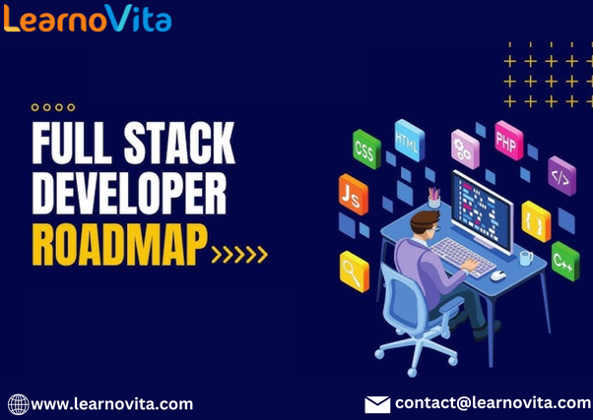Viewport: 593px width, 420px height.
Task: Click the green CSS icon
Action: coord(366,148)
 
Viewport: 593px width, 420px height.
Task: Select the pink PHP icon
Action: coord(508,138)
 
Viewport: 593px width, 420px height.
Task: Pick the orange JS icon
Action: coord(352,193)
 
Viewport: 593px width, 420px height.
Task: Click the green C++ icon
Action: coord(564,260)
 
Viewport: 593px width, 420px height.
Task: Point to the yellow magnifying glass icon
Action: coord(354,269)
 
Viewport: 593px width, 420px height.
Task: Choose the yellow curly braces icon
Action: coord(536,220)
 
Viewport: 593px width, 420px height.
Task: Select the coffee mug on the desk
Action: coord(525,258)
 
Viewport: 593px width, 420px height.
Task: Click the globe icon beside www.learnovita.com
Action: coord(18,403)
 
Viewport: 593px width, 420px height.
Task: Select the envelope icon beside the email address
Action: coord(377,404)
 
